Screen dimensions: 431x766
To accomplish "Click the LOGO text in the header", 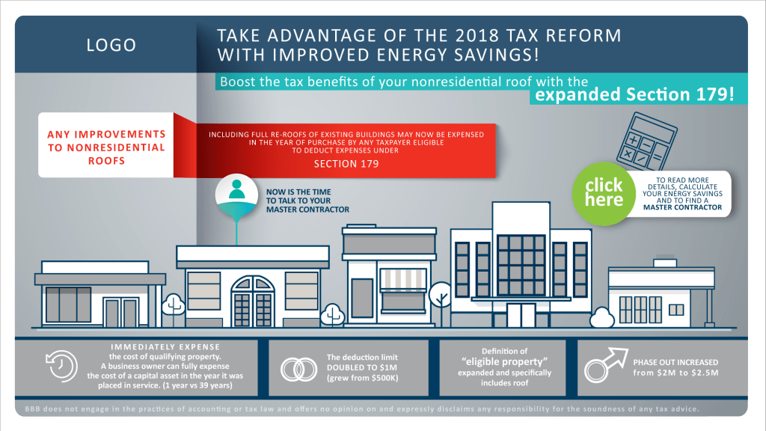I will (111, 45).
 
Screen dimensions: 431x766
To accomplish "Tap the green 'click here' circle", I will (604, 193).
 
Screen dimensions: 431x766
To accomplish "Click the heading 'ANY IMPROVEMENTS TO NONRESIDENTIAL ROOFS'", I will (106, 147).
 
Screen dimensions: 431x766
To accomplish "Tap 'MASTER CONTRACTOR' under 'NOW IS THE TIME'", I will (307, 209).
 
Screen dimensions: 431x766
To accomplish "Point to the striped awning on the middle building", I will (404, 280).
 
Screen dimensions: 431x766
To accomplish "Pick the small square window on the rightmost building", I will (675, 309).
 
